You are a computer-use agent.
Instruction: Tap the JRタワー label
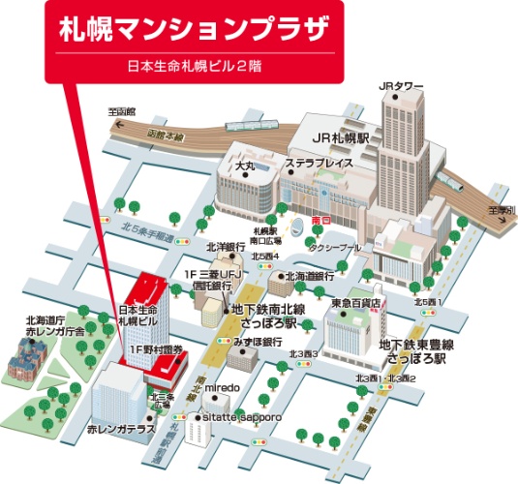[x=402, y=86]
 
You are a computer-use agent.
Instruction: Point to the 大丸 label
[x=246, y=167]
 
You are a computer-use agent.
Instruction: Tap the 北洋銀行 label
[x=226, y=247]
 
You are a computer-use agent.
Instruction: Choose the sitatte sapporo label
[x=242, y=417]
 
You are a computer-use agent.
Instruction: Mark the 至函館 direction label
[x=123, y=112]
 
